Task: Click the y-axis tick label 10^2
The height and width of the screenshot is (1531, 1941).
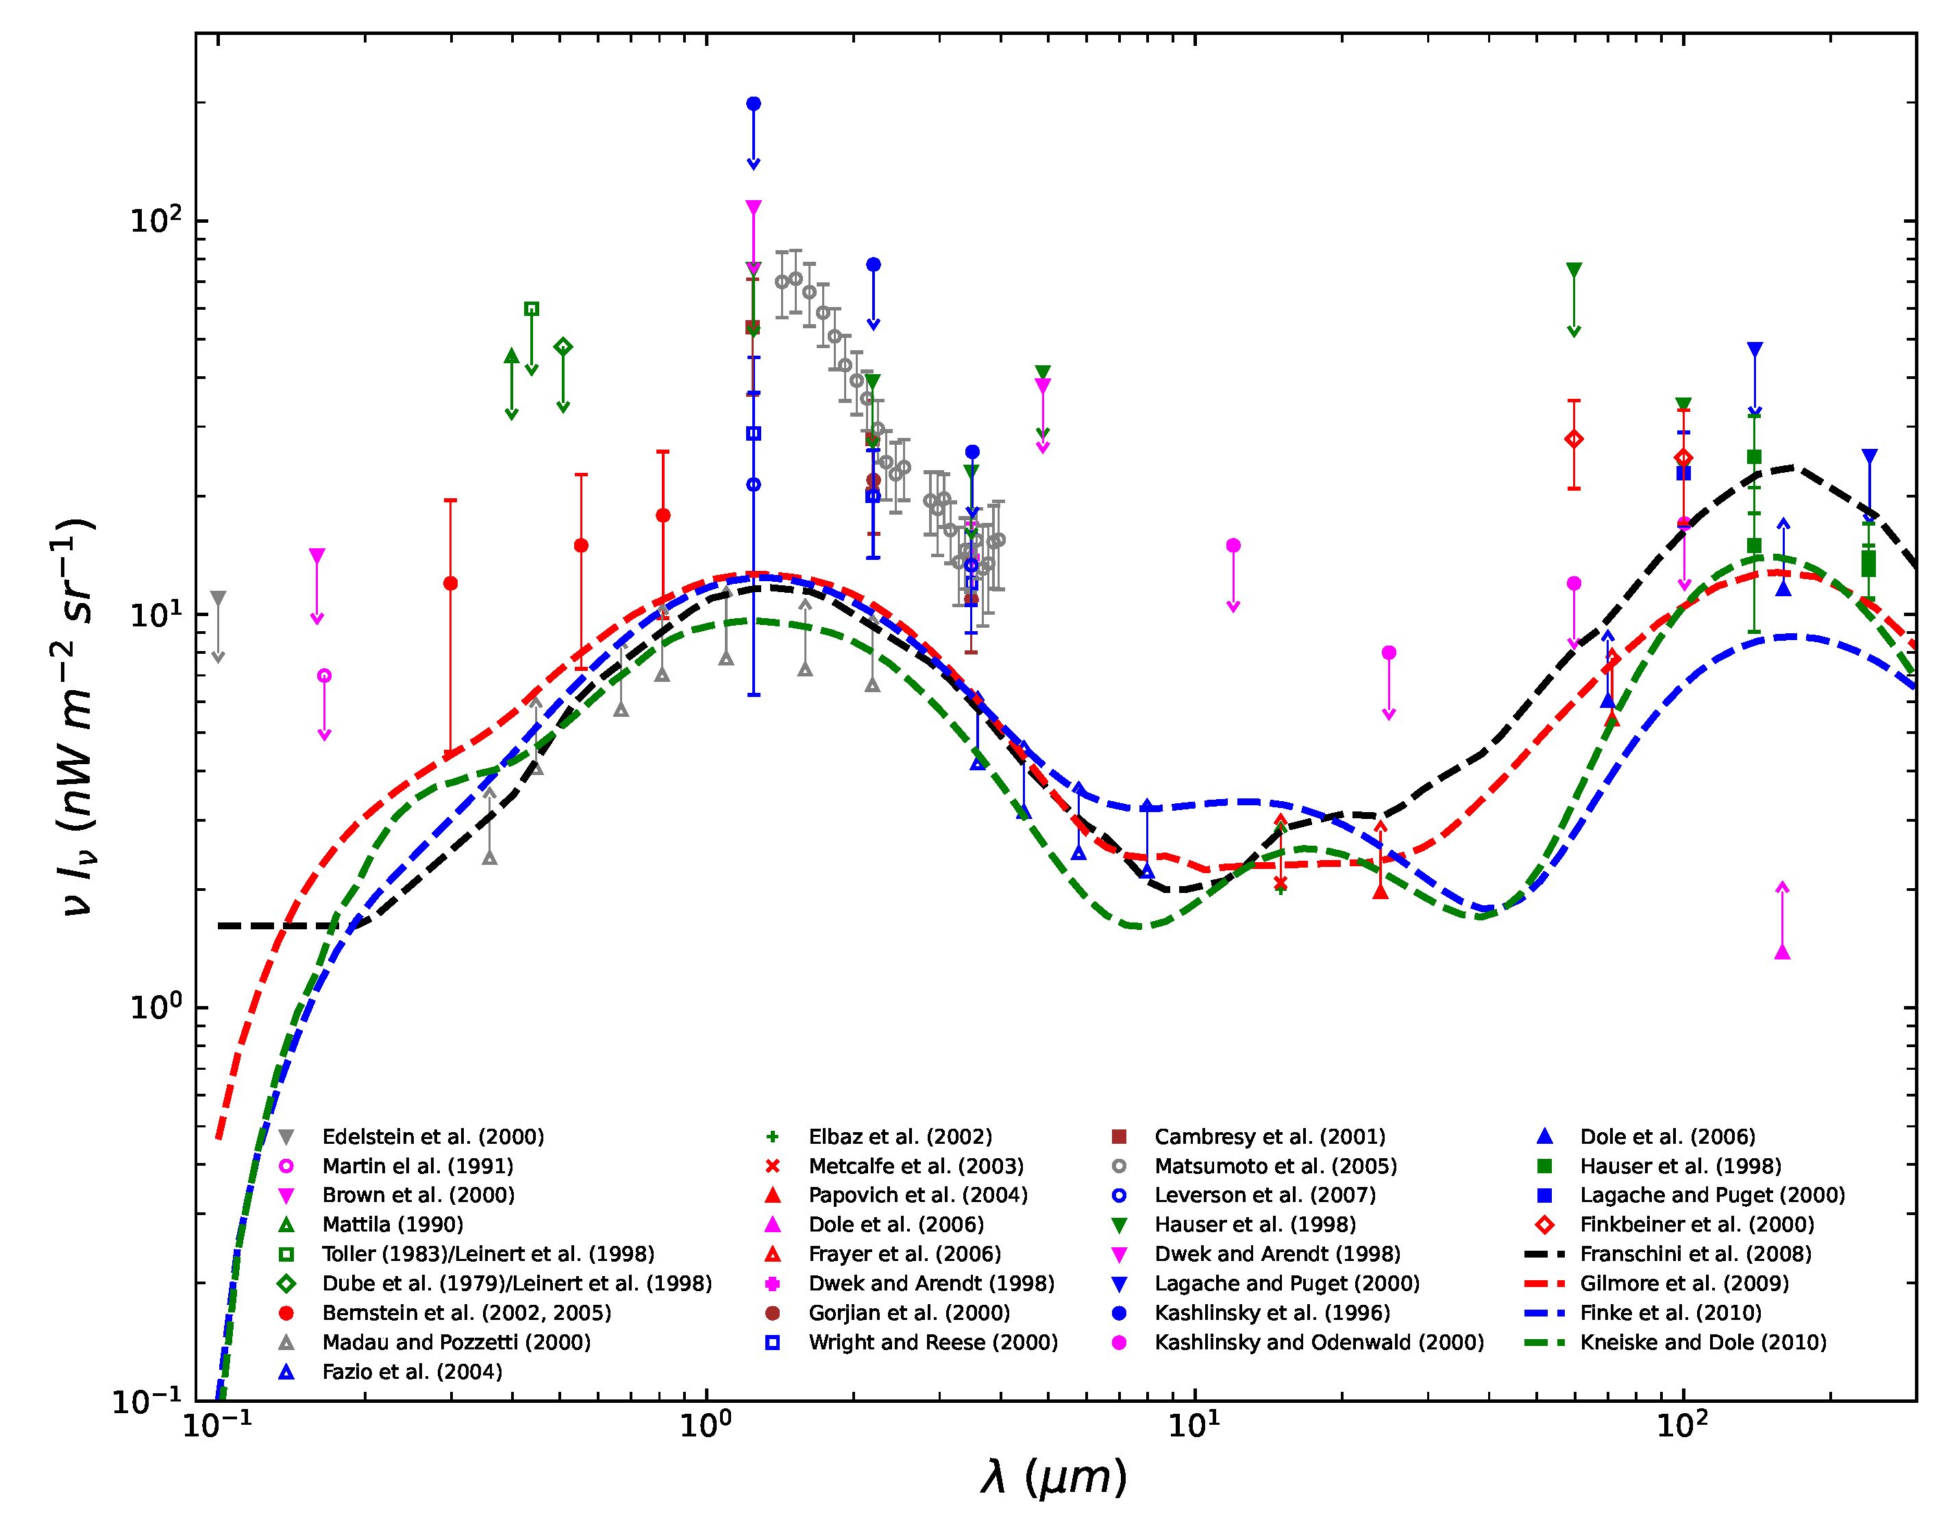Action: [x=155, y=221]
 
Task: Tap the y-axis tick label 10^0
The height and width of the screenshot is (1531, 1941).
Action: [x=155, y=1007]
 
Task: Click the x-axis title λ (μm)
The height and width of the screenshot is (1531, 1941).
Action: [x=1054, y=1478]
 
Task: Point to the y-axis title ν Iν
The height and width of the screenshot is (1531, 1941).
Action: [x=76, y=717]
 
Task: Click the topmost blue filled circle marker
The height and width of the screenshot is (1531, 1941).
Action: [x=754, y=104]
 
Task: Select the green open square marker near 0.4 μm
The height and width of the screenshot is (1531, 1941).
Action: [x=532, y=308]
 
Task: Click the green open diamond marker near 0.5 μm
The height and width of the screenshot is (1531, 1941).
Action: [x=562, y=347]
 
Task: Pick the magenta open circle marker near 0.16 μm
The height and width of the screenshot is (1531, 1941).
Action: [x=324, y=676]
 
